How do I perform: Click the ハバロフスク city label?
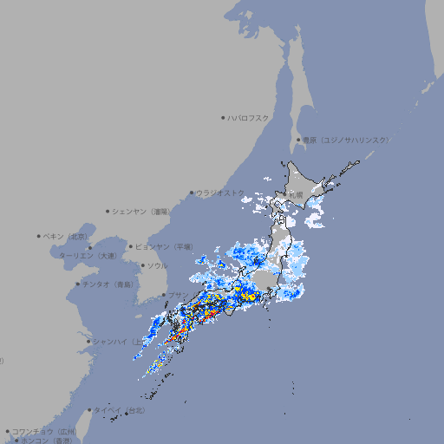(249, 117)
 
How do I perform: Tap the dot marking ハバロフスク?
(223, 117)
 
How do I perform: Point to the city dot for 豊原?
(298, 140)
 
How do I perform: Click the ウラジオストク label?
(220, 193)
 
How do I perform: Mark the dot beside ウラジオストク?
(192, 193)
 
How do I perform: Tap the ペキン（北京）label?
(67, 236)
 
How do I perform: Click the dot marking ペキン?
(39, 236)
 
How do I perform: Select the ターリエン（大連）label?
(88, 256)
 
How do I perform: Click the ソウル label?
(157, 265)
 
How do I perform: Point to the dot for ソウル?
(141, 265)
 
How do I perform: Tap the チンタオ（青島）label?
(108, 284)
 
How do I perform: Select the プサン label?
(176, 295)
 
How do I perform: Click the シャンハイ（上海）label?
(118, 342)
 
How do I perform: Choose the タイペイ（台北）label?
(120, 410)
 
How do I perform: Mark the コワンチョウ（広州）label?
(44, 431)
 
